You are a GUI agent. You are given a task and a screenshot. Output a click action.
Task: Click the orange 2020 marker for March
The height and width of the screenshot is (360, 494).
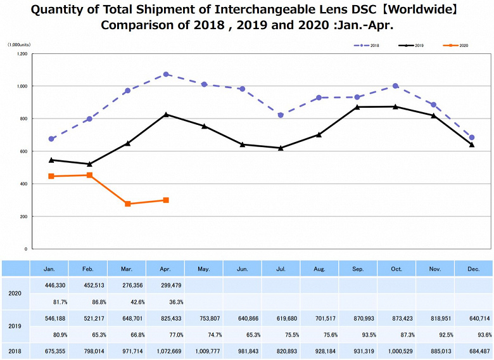(128, 204)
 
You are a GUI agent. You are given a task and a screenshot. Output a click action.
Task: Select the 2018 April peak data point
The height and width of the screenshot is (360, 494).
(166, 74)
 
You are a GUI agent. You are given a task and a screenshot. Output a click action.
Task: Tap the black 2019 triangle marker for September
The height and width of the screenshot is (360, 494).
(357, 107)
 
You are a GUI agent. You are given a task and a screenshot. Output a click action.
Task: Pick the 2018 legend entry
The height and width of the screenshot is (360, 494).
(370, 46)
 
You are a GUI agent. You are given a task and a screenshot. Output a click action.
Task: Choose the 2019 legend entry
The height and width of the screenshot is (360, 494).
(415, 46)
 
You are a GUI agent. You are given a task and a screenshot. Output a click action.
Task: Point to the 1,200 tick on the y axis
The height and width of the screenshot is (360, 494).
(22, 54)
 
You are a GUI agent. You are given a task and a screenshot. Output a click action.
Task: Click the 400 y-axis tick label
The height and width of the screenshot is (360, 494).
(23, 184)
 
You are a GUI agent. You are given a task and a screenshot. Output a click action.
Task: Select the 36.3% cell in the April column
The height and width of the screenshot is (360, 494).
(165, 302)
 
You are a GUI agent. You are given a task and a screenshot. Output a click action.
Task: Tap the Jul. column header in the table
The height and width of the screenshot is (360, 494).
(281, 269)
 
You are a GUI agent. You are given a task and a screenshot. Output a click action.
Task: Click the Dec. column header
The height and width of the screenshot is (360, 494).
(472, 269)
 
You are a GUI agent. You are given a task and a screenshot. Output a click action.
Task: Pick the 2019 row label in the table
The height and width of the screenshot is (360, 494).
(15, 327)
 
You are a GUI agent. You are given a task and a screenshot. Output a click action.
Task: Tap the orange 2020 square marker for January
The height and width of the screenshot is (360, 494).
(51, 176)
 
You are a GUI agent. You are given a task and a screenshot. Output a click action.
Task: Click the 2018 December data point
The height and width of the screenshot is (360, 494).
(472, 138)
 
